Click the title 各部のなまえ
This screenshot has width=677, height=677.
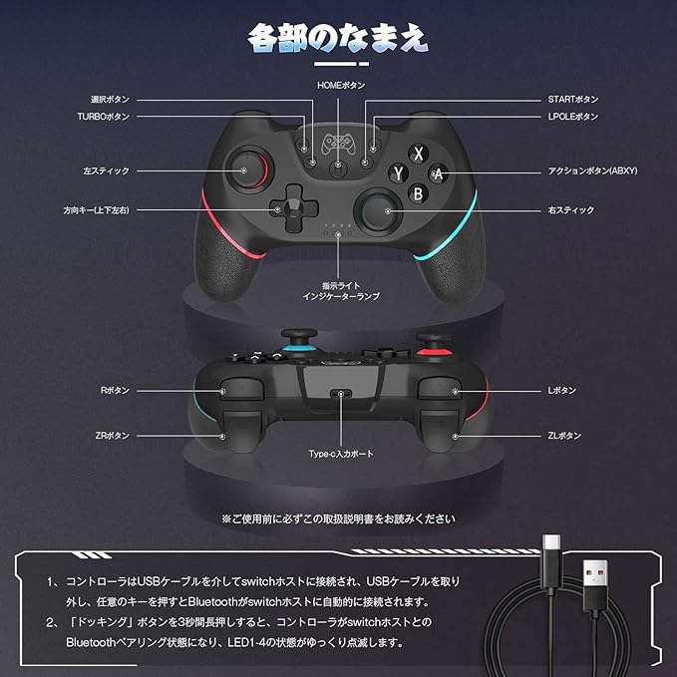[x=338, y=37]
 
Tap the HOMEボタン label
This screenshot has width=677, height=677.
[x=341, y=87]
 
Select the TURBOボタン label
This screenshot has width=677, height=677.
[x=104, y=117]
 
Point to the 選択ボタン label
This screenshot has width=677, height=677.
[x=110, y=100]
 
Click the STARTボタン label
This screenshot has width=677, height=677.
[x=573, y=100]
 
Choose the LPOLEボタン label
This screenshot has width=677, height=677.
[x=573, y=117]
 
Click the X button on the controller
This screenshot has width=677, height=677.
[x=420, y=153]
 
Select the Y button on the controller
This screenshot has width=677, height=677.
[x=399, y=171]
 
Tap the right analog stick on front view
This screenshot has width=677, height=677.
[x=382, y=209]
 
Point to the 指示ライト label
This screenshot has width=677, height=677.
[x=341, y=285]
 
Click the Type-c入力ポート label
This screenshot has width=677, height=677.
[x=341, y=454]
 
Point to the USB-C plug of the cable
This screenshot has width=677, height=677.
[x=551, y=551]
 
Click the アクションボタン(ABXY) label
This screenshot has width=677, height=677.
[x=592, y=170]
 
